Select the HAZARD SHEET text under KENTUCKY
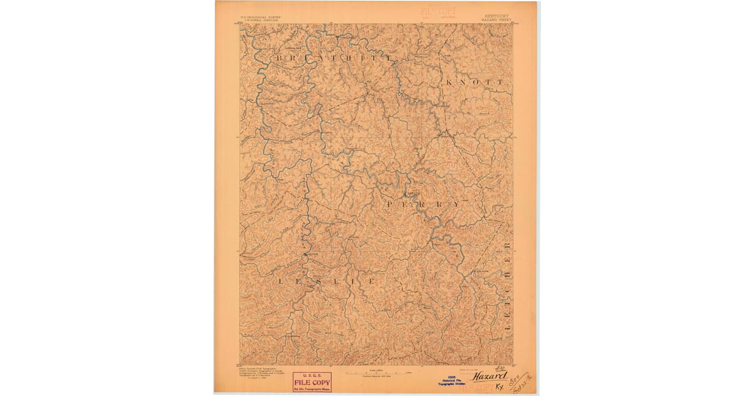coord(496,20)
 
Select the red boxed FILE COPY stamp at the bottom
coord(312,381)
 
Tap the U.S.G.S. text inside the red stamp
coord(312,375)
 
